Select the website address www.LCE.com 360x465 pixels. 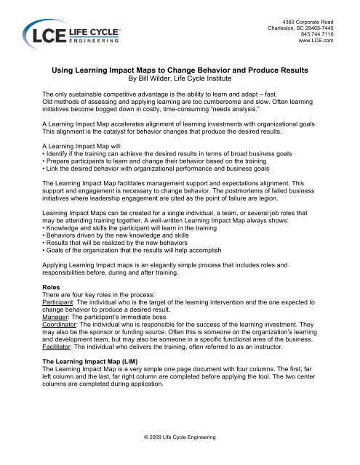[315, 41]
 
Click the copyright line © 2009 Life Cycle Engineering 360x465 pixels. [179, 440]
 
